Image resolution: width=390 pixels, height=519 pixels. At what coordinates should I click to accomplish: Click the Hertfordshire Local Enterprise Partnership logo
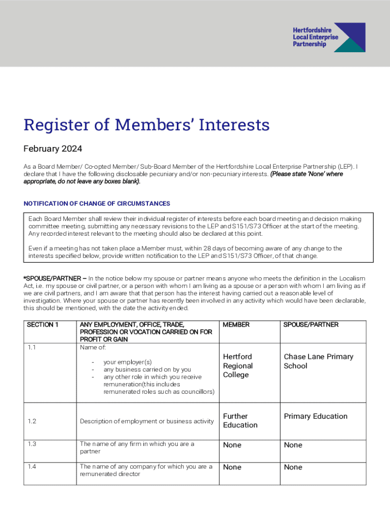(x=328, y=37)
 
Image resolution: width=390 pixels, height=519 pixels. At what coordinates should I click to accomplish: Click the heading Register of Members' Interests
(x=146, y=125)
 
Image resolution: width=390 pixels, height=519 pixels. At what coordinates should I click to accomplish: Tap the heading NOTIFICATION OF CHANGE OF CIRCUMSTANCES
(x=97, y=203)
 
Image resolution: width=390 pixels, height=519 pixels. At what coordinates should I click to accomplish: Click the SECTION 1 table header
(x=43, y=324)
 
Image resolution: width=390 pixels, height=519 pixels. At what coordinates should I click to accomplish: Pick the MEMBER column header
(x=236, y=324)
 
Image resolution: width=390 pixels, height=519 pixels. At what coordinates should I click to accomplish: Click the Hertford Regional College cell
(x=238, y=365)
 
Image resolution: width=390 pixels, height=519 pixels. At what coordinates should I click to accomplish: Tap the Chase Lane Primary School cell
(x=318, y=361)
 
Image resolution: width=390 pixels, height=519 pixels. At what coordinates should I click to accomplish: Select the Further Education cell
(x=241, y=420)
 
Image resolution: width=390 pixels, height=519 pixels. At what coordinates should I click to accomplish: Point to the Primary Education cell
(x=316, y=416)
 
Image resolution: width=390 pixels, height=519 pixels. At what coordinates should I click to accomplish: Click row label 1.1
(x=31, y=348)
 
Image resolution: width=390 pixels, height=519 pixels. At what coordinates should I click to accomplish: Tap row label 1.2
(x=32, y=421)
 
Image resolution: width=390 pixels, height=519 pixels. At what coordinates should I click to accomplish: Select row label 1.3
(x=32, y=444)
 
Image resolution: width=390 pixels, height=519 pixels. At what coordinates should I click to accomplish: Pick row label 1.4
(x=32, y=466)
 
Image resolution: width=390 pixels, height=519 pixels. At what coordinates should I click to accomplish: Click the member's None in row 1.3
(x=232, y=445)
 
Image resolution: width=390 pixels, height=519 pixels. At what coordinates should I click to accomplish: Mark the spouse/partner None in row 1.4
(x=293, y=467)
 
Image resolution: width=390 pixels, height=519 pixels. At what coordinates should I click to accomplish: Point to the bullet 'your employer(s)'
(x=128, y=362)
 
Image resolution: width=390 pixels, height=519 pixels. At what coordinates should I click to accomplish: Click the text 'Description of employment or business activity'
(x=147, y=421)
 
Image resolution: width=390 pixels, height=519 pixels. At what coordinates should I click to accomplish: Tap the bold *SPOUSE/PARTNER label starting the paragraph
(x=55, y=279)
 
